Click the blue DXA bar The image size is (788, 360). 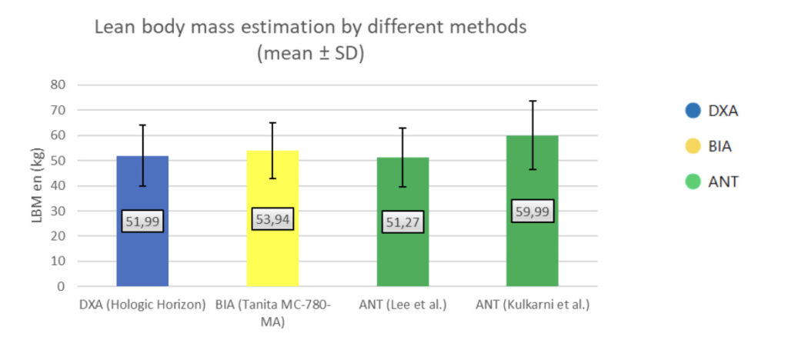tap(142, 221)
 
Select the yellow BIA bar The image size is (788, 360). tap(272, 218)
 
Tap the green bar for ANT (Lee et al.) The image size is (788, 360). tap(402, 222)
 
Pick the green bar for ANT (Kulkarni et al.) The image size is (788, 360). tap(533, 211)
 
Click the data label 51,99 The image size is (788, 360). tap(142, 221)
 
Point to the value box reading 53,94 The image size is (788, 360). tap(272, 219)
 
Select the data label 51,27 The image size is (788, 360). tap(402, 222)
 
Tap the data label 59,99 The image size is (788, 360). tap(533, 211)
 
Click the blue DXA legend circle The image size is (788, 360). tap(693, 111)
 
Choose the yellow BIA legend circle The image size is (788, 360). tap(693, 146)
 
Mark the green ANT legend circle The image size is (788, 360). tap(693, 182)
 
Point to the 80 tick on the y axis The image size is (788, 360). tap(58, 85)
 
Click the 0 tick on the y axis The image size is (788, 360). tap(62, 287)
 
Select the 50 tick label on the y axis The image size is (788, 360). tap(58, 161)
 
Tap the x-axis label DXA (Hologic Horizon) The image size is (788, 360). tap(142, 305)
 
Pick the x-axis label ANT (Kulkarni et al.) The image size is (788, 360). tap(533, 305)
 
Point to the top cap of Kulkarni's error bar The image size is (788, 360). tap(533, 101)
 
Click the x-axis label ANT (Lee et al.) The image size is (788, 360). tap(402, 305)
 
